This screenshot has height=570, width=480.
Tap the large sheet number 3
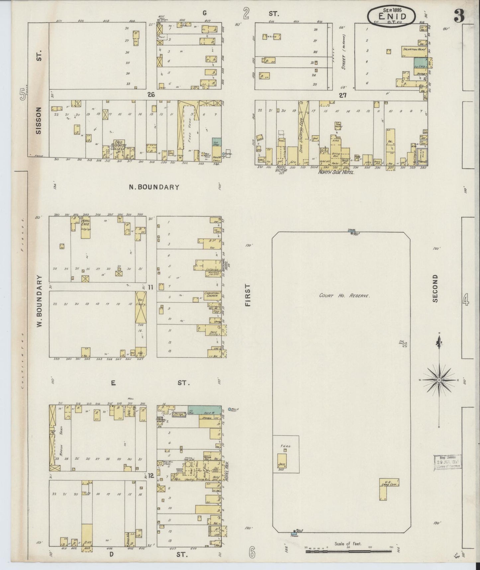point(460,16)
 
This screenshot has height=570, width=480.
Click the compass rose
point(439,380)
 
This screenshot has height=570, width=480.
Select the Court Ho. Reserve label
point(344,295)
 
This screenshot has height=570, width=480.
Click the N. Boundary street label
point(154,187)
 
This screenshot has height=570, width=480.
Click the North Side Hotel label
point(336,173)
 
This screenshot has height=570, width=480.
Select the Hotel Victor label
point(281,170)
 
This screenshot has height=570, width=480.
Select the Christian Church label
point(212,295)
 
